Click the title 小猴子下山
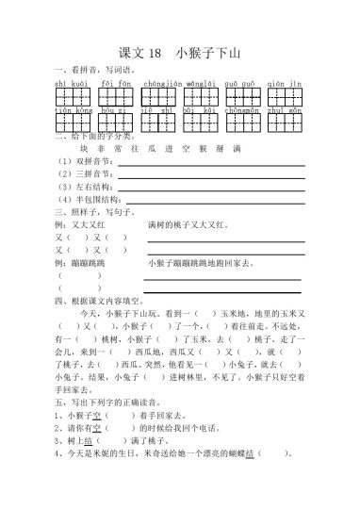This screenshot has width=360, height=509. pyautogui.click(x=208, y=54)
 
